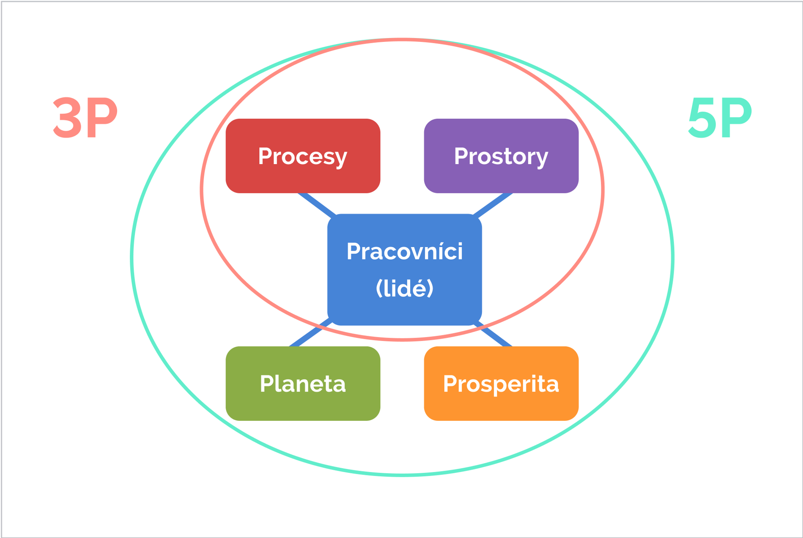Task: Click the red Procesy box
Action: (303, 156)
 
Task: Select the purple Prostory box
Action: (501, 156)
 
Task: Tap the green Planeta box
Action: (303, 383)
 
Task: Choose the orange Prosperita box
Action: (501, 383)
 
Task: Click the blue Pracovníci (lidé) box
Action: (405, 269)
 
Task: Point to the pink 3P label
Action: (85, 118)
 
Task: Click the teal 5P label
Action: (720, 118)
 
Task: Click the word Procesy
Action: (303, 157)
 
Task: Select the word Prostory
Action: (501, 157)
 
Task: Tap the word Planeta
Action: (303, 384)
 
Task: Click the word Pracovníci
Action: (405, 251)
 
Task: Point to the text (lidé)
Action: (405, 288)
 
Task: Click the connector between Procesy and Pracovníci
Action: (317, 204)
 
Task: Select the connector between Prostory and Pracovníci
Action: (493, 205)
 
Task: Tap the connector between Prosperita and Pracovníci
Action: (493, 335)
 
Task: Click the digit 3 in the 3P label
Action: (68, 118)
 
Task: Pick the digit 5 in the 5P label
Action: (703, 118)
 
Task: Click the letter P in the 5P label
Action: (736, 118)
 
